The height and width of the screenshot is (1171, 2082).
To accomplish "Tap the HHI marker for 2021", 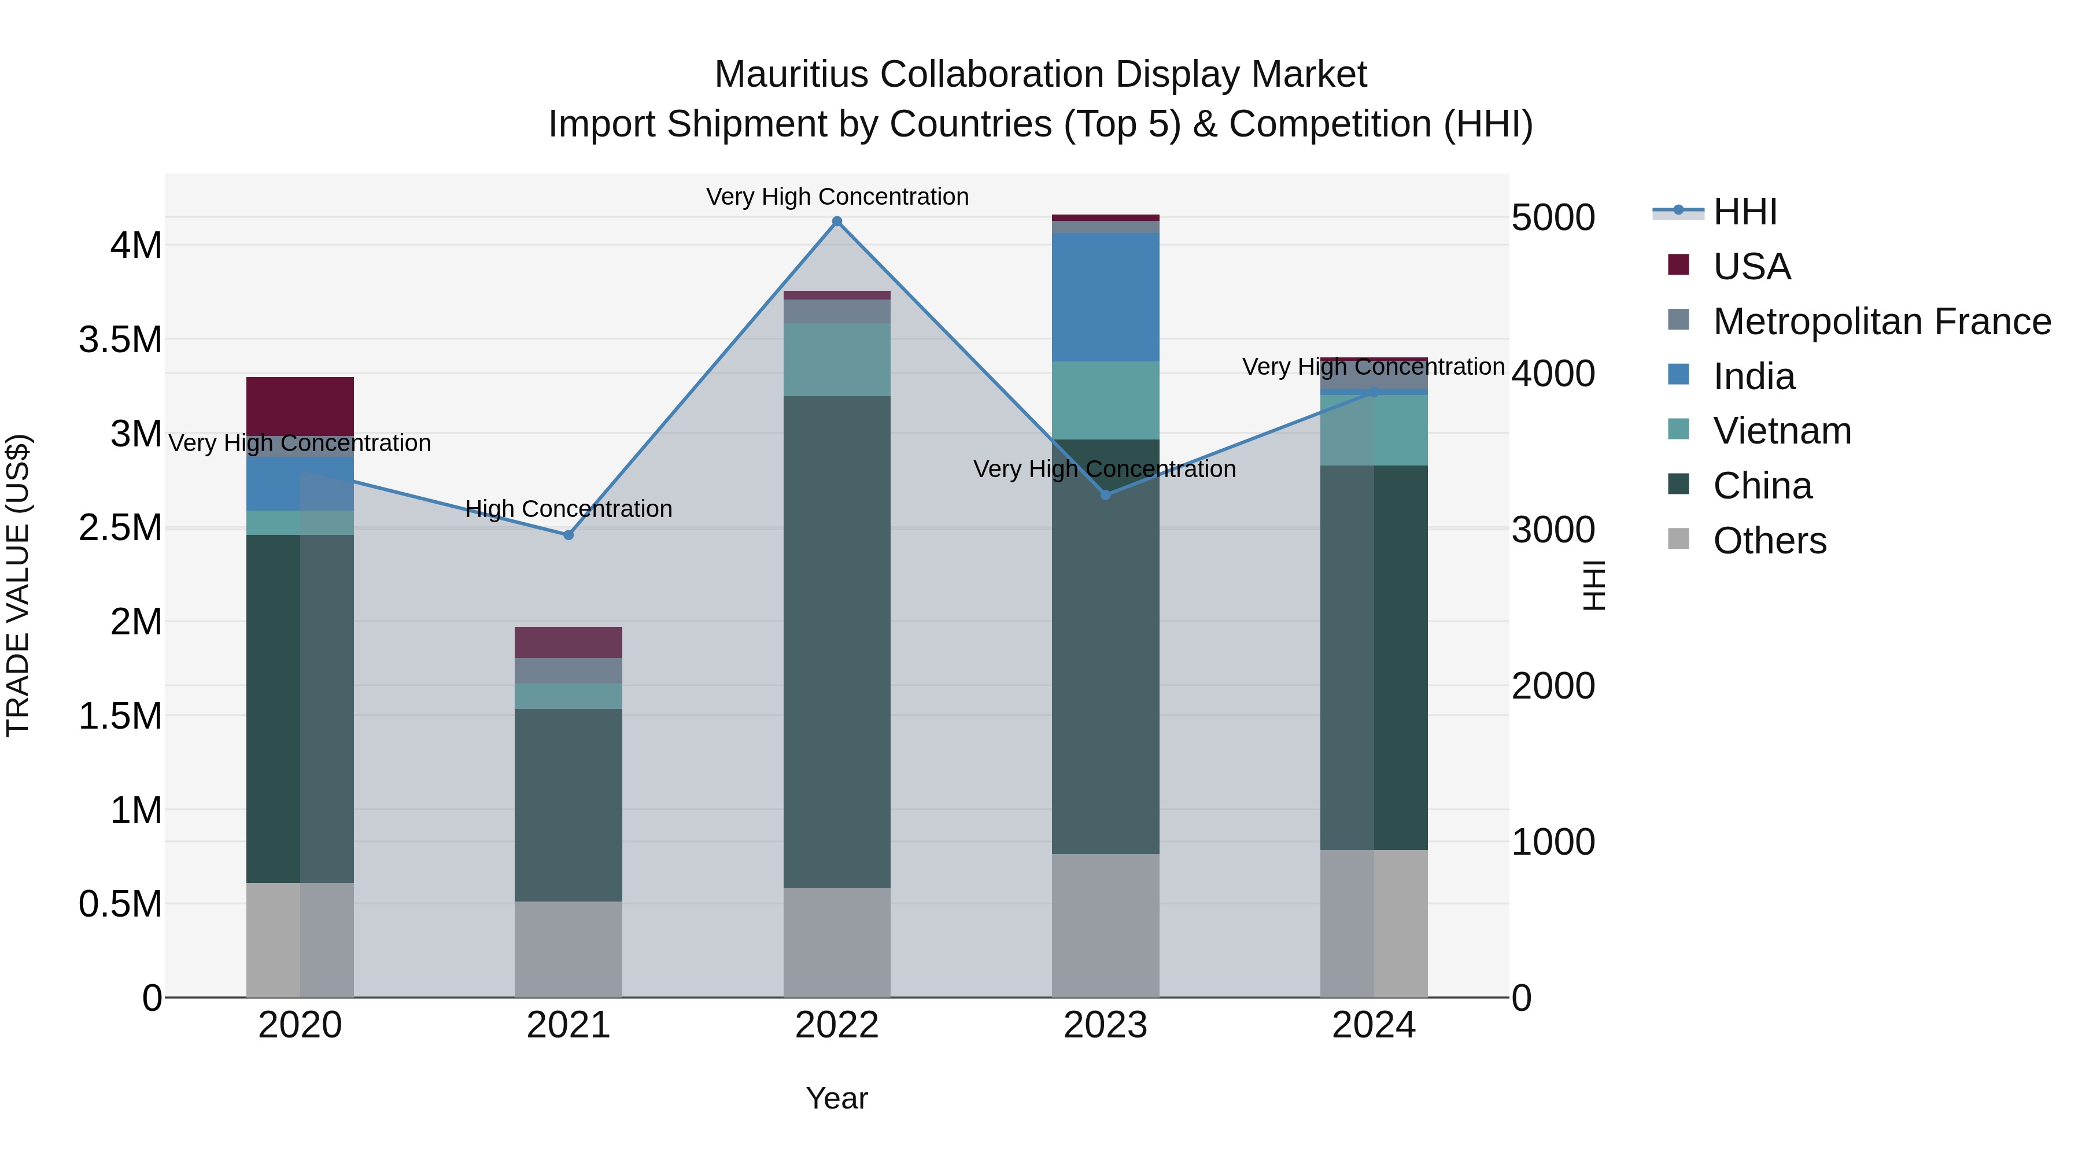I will (x=568, y=535).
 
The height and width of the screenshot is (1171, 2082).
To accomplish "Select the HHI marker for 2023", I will (x=1106, y=494).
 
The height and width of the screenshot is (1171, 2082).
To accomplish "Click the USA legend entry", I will (x=1751, y=267).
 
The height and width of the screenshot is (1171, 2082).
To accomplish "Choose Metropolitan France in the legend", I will (x=1881, y=322).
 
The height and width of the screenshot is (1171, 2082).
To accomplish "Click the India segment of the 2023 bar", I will (x=1106, y=297).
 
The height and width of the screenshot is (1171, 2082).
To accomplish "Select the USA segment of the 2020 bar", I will (x=300, y=406).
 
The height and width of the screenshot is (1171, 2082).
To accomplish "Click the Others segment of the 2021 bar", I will (x=568, y=949).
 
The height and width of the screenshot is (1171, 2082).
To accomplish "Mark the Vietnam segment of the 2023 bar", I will (x=1106, y=400).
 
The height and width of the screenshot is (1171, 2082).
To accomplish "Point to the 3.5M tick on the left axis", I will (x=120, y=340).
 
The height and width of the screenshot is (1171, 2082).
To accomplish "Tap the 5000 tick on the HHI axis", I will (x=1553, y=218).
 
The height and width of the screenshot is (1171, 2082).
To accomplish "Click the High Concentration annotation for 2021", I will (x=568, y=509).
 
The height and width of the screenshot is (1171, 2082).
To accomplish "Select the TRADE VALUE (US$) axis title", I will (x=18, y=585).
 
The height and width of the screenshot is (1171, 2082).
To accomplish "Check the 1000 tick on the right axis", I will (x=1553, y=842).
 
